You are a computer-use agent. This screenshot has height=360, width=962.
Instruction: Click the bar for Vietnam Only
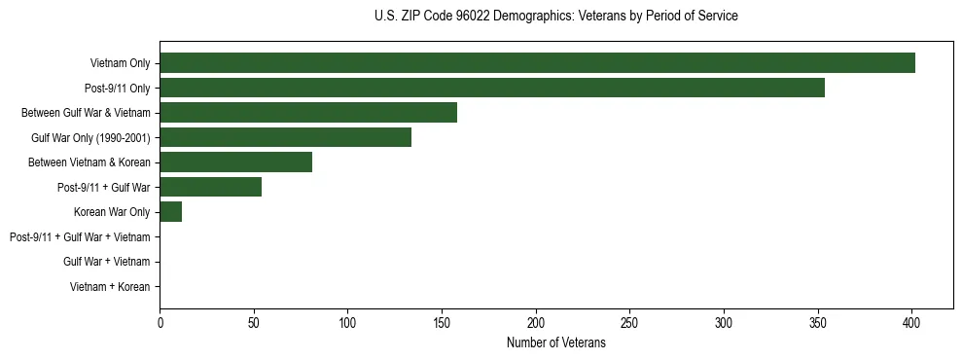point(537,63)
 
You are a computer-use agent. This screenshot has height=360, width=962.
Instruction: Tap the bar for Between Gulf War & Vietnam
point(308,113)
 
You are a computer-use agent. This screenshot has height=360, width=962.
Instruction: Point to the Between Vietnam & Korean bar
point(235,162)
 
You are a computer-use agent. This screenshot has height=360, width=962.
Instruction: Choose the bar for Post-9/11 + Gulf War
point(210,187)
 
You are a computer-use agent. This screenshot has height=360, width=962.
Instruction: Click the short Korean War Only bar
point(170,212)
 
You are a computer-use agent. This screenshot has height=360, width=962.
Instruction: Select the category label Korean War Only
point(111,212)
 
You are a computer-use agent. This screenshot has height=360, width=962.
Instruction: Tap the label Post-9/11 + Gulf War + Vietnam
point(80,236)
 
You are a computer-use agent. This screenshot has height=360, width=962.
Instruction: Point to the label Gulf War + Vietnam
point(106,262)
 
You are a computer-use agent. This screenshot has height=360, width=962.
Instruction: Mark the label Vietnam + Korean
point(110,286)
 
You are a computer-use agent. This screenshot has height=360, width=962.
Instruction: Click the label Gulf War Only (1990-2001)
point(90,137)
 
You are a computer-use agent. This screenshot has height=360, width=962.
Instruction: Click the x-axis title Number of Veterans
point(555,343)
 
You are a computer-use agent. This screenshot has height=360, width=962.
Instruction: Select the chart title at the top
point(555,17)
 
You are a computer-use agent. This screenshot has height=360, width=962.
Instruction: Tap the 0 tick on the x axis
point(160,322)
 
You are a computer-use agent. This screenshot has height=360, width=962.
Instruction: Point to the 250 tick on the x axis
point(629,322)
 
